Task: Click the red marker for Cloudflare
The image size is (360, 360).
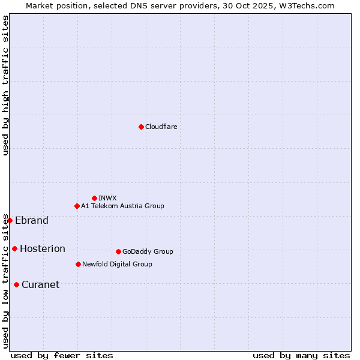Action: [141, 127]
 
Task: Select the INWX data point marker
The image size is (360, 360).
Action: [94, 198]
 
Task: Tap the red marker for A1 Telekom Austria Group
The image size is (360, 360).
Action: [77, 206]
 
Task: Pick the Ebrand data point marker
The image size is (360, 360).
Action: [10, 220]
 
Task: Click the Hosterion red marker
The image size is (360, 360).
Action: [14, 248]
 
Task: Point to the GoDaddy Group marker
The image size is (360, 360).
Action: [118, 251]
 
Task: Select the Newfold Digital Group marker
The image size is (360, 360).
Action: [78, 264]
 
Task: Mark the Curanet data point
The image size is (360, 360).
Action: [16, 284]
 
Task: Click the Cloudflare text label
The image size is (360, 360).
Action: [161, 127]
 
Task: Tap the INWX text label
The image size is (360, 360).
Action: [107, 198]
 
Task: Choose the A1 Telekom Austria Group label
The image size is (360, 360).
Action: [122, 206]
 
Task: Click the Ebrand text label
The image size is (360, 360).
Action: [32, 220]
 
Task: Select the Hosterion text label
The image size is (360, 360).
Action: [43, 248]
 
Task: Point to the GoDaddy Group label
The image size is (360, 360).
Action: [148, 251]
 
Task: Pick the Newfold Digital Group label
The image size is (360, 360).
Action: [117, 264]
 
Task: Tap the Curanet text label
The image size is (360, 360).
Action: [41, 284]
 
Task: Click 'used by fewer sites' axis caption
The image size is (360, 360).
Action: [62, 355]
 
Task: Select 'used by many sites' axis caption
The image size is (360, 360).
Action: [301, 355]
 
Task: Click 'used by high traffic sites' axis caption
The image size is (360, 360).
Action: [5, 85]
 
